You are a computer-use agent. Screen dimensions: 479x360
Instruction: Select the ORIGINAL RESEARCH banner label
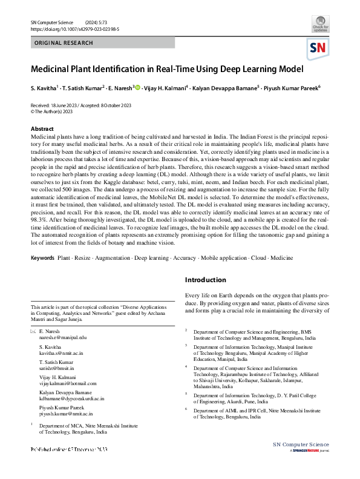tap(64, 43)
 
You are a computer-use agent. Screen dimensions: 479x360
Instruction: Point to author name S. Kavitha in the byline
tap(44, 88)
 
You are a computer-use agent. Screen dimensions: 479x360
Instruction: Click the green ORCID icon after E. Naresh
tap(137, 88)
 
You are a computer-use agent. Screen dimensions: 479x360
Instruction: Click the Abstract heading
tap(42, 129)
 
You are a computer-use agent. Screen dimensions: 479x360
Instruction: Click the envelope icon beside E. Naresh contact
tap(33, 331)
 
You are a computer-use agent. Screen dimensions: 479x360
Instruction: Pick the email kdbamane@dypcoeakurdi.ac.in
tap(71, 398)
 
